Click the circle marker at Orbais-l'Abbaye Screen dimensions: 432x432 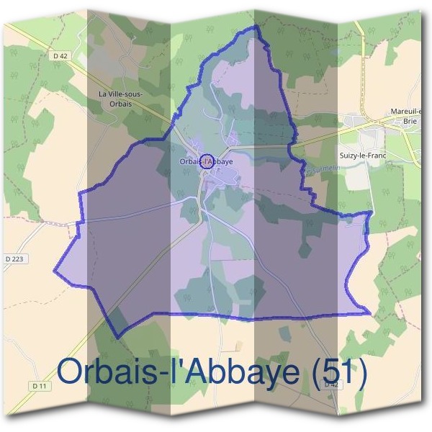[x=207, y=161]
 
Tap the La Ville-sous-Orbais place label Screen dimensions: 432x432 [x=120, y=99]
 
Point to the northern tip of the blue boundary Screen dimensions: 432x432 [x=253, y=27]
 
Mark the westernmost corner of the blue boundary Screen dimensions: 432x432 [x=54, y=271]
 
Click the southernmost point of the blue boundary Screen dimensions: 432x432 [x=117, y=336]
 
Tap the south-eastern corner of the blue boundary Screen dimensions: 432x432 [x=370, y=313]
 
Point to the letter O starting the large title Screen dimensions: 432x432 [x=71, y=372]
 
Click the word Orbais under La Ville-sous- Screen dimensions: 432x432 [x=120, y=104]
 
